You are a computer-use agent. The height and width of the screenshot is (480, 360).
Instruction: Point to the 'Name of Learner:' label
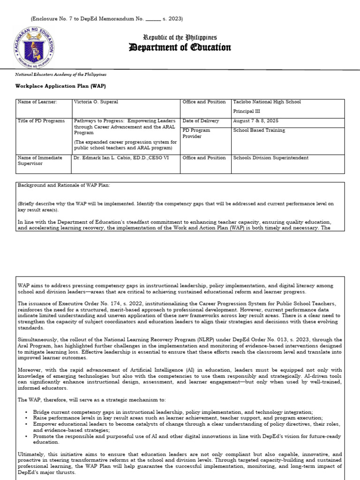37,102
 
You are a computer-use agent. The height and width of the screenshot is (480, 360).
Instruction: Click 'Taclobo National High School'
267,102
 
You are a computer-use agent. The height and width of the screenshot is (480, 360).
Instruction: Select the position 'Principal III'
247,112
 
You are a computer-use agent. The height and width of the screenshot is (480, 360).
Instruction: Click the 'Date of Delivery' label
201,121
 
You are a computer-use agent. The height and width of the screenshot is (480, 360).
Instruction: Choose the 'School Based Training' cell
259,130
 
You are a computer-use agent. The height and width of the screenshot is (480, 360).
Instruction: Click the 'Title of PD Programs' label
41,121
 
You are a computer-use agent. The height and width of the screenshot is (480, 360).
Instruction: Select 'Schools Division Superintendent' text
271,158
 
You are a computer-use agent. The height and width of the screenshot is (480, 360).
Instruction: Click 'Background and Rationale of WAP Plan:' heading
63,186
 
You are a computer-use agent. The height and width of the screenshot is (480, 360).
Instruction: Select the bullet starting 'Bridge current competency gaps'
176,411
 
